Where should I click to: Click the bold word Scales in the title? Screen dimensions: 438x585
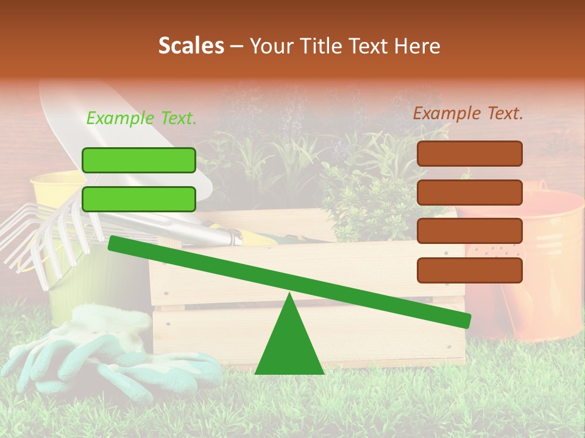(x=191, y=46)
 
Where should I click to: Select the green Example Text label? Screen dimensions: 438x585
(x=141, y=119)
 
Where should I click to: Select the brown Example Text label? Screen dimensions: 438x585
(x=468, y=113)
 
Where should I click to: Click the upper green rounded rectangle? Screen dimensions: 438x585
(x=139, y=160)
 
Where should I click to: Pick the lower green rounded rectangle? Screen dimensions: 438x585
(x=139, y=199)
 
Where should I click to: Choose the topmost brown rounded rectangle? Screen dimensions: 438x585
(x=469, y=153)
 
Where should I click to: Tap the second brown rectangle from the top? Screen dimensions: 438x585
(x=469, y=192)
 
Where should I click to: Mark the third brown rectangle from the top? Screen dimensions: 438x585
(x=469, y=231)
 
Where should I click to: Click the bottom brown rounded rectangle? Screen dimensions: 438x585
(x=469, y=270)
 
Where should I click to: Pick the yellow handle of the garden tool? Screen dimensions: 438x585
(x=256, y=237)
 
